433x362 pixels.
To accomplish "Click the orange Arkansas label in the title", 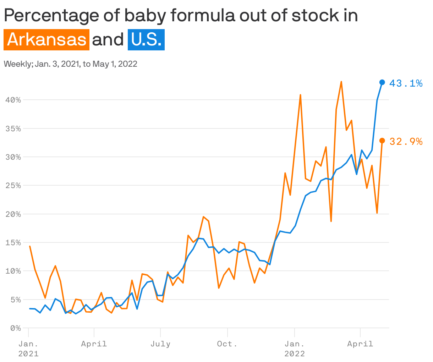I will point(46,40).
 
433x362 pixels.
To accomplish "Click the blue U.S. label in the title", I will point(146,40).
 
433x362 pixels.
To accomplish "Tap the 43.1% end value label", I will point(406,83).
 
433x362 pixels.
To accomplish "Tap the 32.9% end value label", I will point(406,142).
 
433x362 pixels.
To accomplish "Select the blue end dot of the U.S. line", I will point(382,82).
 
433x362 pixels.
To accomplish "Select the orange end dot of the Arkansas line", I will point(382,141).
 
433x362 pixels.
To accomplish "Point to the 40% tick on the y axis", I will point(13,100).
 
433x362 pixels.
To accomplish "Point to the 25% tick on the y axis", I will point(13,186).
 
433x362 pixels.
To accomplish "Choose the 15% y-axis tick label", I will point(13,243).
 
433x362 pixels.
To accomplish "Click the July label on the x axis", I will point(160,344).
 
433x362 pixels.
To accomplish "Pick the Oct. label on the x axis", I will point(227,344).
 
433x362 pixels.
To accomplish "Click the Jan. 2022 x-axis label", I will point(294,349).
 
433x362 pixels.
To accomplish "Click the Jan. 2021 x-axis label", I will point(28,349).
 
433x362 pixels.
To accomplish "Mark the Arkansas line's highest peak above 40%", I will point(341,82).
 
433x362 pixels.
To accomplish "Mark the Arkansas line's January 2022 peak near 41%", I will point(300,95).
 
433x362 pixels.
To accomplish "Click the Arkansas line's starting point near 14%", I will point(30,246).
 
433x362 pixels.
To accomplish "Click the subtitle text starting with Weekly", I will point(70,64).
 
